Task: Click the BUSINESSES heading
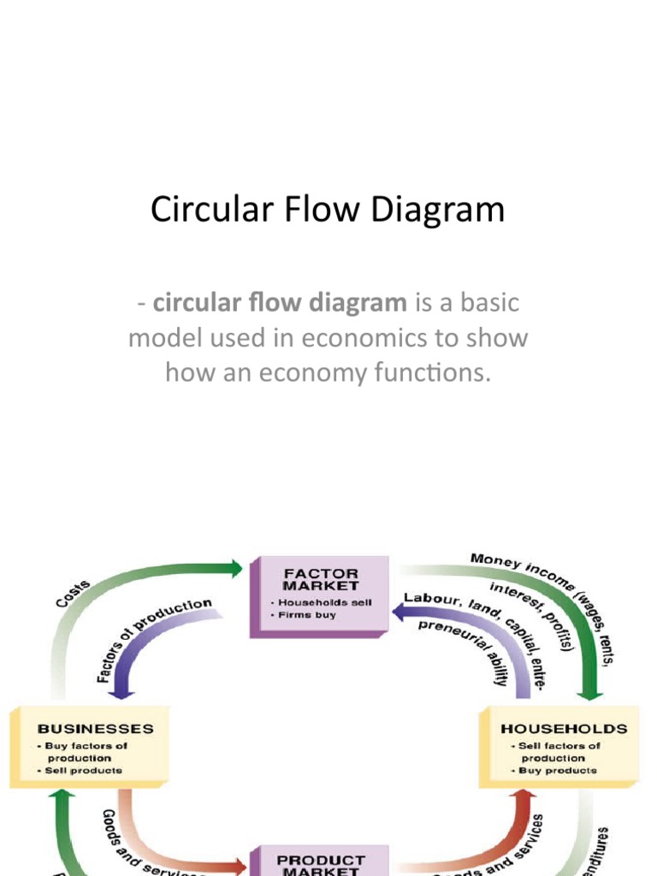pyautogui.click(x=95, y=729)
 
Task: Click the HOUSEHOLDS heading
pyautogui.click(x=564, y=729)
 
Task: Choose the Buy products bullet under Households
pyautogui.click(x=556, y=770)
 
